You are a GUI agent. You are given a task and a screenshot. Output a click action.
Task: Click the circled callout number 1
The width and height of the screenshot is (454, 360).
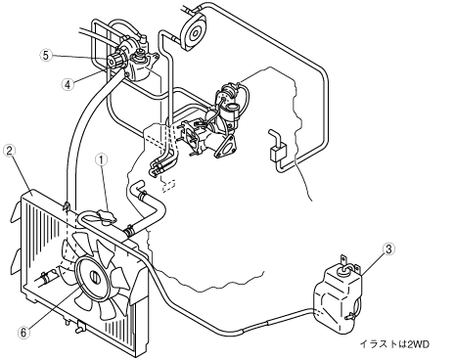102,160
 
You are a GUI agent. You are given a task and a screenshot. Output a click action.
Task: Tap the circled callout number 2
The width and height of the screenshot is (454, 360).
9,151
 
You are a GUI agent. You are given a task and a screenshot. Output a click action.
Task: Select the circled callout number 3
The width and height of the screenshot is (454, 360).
388,248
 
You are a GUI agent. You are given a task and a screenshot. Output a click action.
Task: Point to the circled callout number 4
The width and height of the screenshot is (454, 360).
68,85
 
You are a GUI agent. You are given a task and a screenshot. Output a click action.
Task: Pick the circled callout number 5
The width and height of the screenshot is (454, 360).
46,55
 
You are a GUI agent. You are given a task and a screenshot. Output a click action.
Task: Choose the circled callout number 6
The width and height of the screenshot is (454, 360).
23,333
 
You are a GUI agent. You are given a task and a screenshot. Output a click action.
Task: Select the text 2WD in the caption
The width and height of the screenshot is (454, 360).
419,344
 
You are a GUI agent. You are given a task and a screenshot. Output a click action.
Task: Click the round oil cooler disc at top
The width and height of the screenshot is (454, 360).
195,31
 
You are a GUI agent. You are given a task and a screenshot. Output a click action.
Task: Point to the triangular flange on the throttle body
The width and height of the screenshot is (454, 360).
226,145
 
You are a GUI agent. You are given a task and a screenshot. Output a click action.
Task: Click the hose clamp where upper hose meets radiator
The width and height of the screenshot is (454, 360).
129,230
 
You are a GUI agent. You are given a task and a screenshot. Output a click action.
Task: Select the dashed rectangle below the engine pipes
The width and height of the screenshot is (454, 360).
168,185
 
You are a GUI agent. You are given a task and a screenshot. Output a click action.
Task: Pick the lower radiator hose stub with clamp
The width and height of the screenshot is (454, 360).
47,277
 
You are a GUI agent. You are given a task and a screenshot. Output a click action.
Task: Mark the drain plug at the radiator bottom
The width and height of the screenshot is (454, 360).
79,328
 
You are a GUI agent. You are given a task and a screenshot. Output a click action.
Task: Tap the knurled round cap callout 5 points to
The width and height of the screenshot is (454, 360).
114,61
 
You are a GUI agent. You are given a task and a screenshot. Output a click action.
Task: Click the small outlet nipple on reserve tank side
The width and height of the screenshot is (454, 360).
350,316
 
